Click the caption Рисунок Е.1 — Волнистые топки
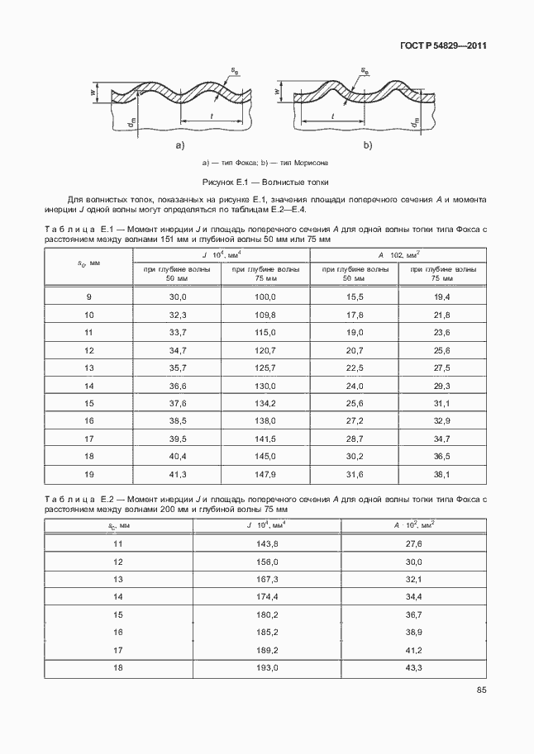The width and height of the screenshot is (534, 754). (x=267, y=182)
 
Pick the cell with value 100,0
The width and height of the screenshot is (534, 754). (x=265, y=296)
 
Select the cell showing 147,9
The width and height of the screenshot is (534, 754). (x=265, y=474)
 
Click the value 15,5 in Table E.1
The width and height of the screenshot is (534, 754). (x=355, y=296)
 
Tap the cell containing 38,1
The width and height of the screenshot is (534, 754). (x=442, y=474)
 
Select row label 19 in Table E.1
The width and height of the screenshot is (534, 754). (x=89, y=474)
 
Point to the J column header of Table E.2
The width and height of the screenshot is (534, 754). (x=265, y=524)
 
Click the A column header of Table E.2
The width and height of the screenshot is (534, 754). (x=413, y=524)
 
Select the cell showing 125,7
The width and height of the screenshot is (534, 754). (x=265, y=368)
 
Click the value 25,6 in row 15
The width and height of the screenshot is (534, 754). (x=355, y=403)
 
